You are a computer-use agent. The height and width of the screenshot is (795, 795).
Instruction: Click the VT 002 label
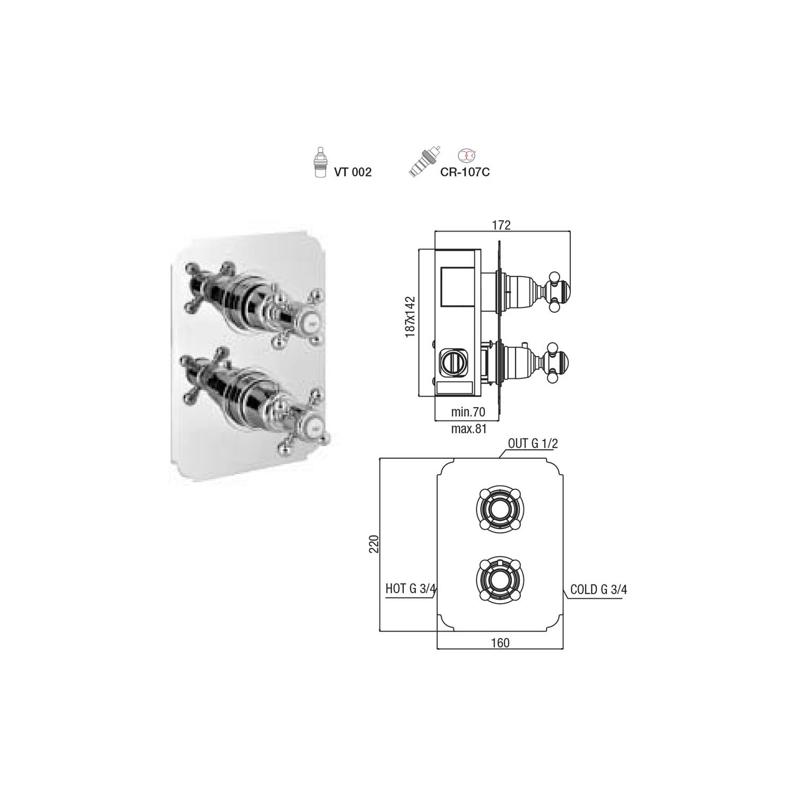click(x=352, y=172)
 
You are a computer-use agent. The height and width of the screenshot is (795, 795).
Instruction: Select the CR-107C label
click(x=465, y=172)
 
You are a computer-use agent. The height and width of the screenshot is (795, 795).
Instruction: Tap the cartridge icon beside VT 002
click(x=320, y=162)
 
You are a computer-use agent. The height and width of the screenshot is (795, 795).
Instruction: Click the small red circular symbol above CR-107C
click(x=465, y=155)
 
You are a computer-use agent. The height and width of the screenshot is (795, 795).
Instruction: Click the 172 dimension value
click(x=501, y=225)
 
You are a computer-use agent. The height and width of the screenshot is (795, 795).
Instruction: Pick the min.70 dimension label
click(x=468, y=412)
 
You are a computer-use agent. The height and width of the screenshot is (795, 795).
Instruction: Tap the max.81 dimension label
click(x=469, y=428)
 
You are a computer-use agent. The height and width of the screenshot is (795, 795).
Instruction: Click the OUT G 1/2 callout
click(x=533, y=444)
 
